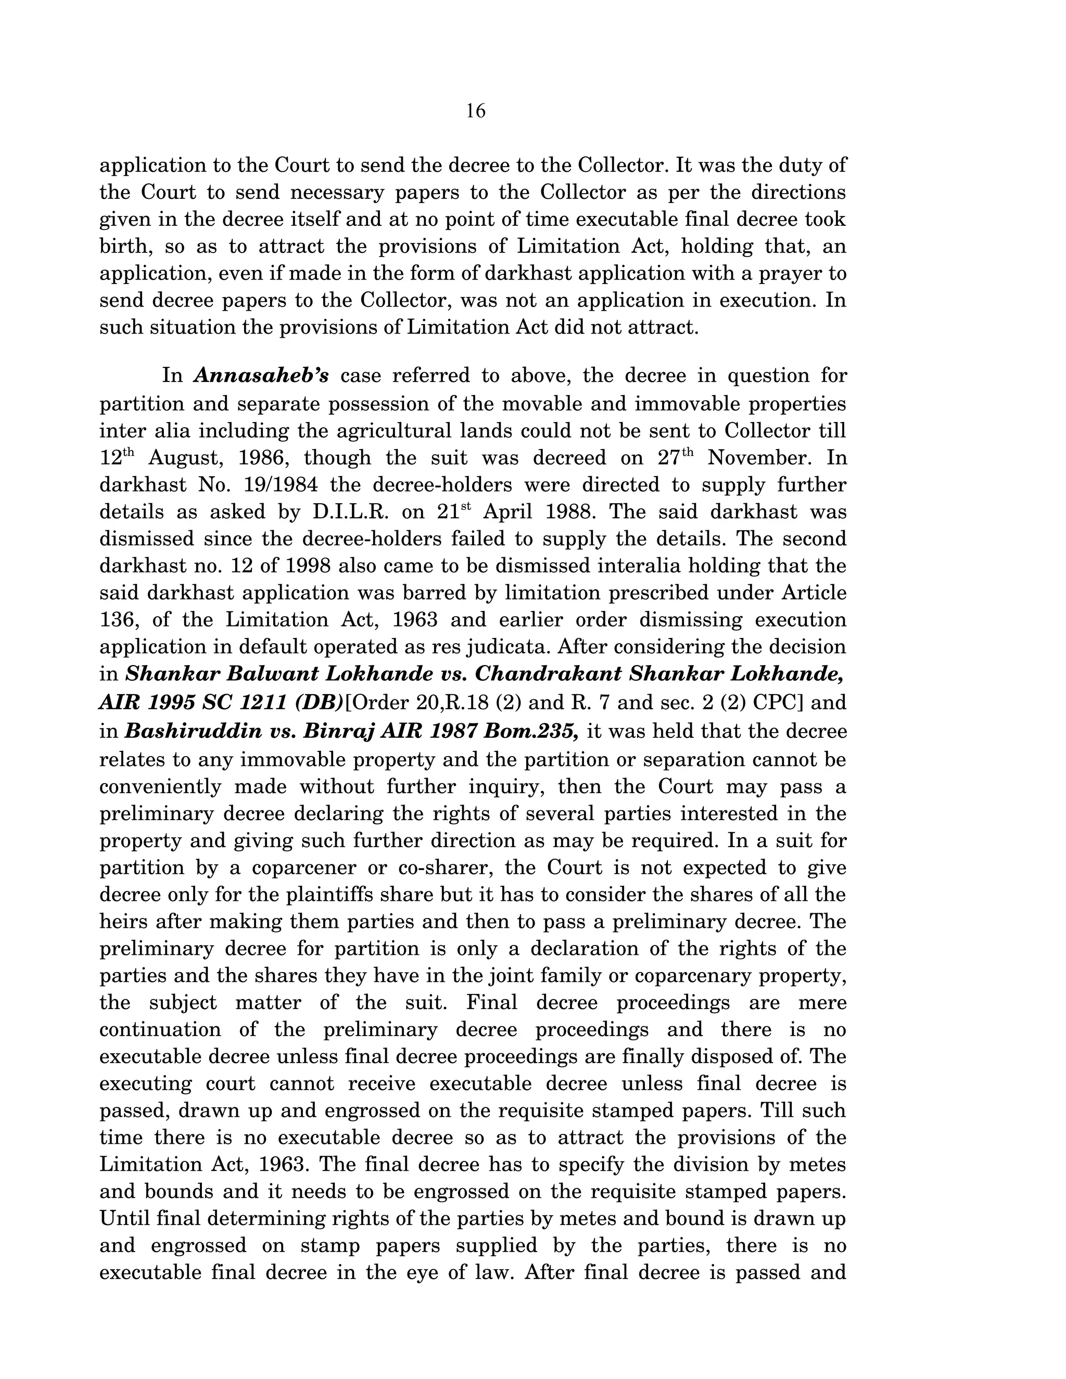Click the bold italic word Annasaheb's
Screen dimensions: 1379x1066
261,376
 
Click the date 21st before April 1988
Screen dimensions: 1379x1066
453,512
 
